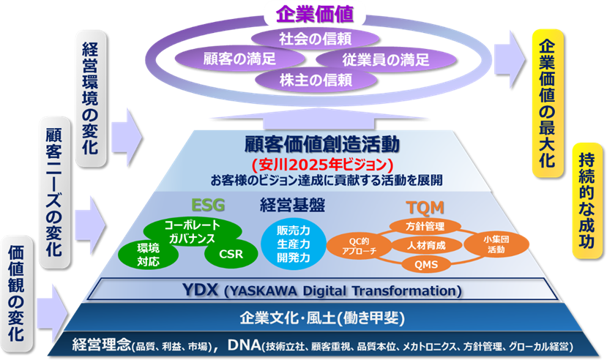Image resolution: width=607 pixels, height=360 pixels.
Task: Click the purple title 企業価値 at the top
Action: pyautogui.click(x=314, y=15)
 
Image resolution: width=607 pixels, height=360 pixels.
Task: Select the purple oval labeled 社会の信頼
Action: pyautogui.click(x=315, y=39)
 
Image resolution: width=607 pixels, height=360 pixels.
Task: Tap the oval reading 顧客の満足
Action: pyautogui.click(x=239, y=59)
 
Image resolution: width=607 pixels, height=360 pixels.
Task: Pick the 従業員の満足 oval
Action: pyautogui.click(x=386, y=59)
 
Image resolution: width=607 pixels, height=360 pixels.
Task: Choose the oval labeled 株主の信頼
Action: pyautogui.click(x=316, y=80)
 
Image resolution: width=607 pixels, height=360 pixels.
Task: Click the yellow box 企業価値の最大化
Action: pyautogui.click(x=548, y=103)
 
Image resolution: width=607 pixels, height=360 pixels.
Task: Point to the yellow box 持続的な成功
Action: pyautogui.click(x=587, y=200)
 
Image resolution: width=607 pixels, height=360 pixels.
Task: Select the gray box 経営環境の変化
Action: pyautogui.click(x=90, y=99)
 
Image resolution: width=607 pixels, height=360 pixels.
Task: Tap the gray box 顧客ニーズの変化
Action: pyautogui.click(x=55, y=192)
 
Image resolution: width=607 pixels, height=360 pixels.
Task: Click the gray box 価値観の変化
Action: pyautogui.click(x=17, y=293)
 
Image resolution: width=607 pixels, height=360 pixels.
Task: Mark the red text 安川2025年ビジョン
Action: pyautogui.click(x=322, y=165)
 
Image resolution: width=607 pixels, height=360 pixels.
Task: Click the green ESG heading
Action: pyautogui.click(x=208, y=205)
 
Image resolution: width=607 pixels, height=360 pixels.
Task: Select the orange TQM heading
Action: pyautogui.click(x=425, y=208)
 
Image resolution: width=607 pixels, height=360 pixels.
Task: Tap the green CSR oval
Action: pyautogui.click(x=231, y=254)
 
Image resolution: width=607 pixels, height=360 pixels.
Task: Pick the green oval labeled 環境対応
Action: pyautogui.click(x=148, y=255)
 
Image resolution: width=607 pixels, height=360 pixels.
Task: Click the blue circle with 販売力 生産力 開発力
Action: pyautogui.click(x=294, y=244)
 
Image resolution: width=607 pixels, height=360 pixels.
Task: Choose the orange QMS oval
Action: pyautogui.click(x=426, y=265)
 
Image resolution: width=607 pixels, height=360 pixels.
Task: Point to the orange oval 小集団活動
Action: pyautogui.click(x=496, y=245)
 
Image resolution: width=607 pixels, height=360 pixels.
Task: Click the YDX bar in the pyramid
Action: pyautogui.click(x=322, y=290)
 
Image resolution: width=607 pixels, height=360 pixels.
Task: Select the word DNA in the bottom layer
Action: pyautogui.click(x=244, y=345)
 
